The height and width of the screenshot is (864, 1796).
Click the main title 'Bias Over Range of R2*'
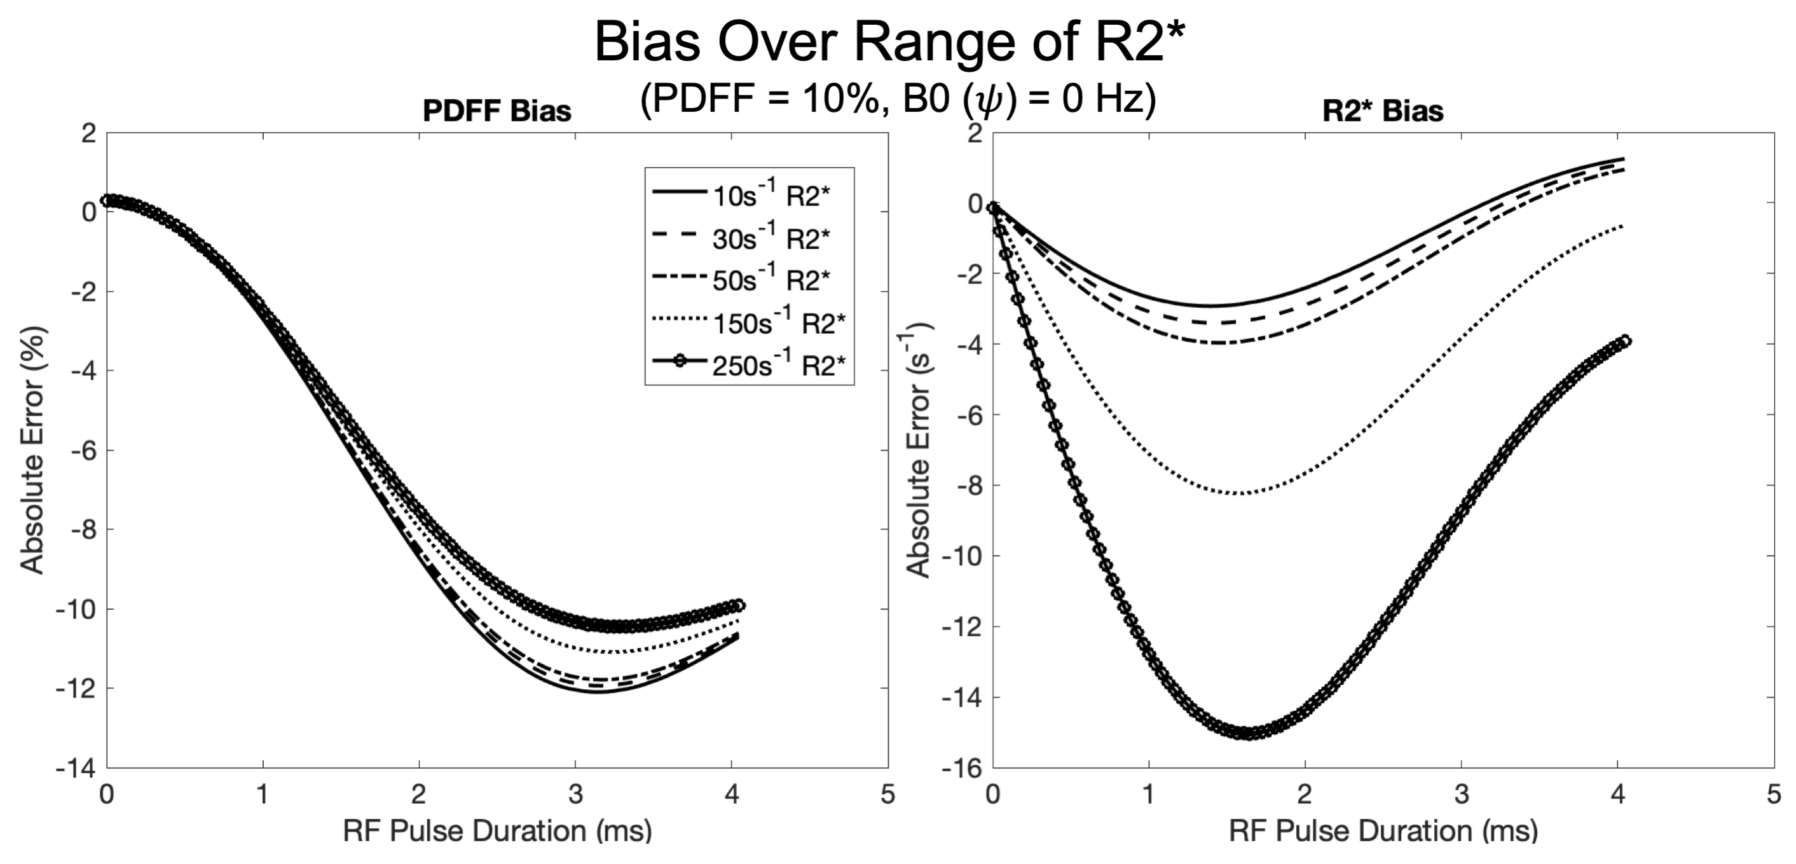coord(889,42)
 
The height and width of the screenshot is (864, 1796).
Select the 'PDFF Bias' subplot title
coord(497,111)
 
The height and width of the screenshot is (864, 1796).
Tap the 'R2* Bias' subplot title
coord(1383,111)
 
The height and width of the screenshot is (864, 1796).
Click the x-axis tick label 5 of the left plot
coord(888,794)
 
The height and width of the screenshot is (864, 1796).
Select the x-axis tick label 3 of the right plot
coord(1462,794)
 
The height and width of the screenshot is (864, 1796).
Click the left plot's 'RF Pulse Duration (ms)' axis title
coord(497,831)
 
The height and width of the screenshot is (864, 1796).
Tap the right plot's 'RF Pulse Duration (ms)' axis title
coord(1383,831)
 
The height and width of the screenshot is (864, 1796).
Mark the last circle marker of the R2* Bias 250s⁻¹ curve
coord(1625,341)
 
